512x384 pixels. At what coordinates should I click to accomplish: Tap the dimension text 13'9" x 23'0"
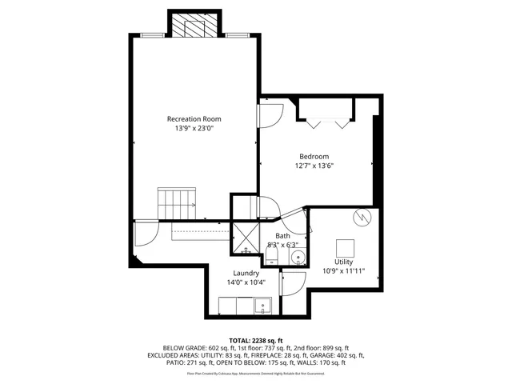pyautogui.click(x=194, y=128)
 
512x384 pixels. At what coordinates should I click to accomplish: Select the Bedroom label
pyautogui.click(x=315, y=156)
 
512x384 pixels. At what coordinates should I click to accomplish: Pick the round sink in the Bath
pyautogui.click(x=298, y=258)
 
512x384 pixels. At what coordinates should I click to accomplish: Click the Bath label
pyautogui.click(x=283, y=235)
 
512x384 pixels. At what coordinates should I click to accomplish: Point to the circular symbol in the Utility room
pyautogui.click(x=362, y=217)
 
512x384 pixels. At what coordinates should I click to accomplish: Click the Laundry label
pyautogui.click(x=246, y=273)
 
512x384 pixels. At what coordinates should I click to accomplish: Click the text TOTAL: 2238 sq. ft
pyautogui.click(x=255, y=340)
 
